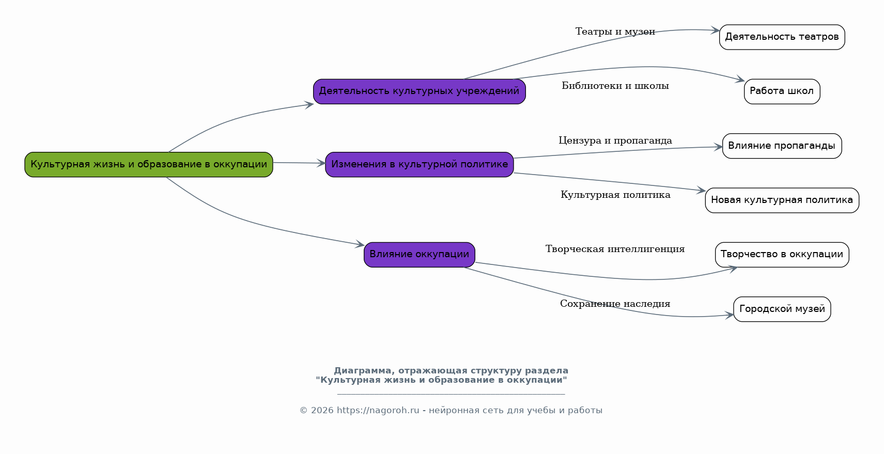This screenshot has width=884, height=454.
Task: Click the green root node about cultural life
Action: click(x=149, y=164)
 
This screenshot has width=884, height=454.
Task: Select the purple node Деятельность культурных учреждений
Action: click(x=419, y=91)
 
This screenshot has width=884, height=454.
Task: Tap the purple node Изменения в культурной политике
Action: click(x=419, y=164)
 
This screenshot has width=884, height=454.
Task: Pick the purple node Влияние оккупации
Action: click(x=419, y=255)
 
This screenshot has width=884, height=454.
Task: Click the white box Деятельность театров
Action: click(x=782, y=37)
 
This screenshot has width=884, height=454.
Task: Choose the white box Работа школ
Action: click(x=782, y=91)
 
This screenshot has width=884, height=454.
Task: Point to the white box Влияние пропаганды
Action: click(x=782, y=146)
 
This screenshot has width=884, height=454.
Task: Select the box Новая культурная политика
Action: click(x=782, y=200)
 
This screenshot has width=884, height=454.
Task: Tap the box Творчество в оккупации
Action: click(x=782, y=255)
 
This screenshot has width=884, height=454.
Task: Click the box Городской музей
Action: click(x=782, y=309)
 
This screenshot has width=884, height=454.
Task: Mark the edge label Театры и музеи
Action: click(x=615, y=32)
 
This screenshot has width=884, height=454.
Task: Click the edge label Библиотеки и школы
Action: click(x=615, y=86)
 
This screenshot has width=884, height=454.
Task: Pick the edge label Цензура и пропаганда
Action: click(x=615, y=141)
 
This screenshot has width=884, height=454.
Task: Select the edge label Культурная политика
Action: click(x=615, y=195)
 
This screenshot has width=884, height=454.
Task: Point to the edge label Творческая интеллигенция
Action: click(x=615, y=249)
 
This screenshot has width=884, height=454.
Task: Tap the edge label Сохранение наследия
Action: click(x=615, y=304)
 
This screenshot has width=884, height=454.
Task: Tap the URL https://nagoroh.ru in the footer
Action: click(x=378, y=411)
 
